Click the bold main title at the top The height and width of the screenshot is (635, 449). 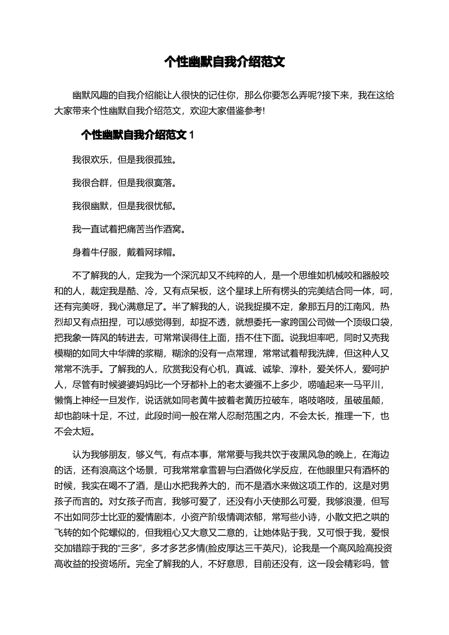click(x=224, y=62)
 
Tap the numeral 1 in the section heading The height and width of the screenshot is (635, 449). click(x=191, y=135)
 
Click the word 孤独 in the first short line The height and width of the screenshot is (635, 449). click(x=162, y=160)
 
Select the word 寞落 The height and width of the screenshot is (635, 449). click(x=162, y=183)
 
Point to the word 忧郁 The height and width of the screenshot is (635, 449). click(x=162, y=206)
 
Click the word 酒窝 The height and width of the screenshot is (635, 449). click(x=171, y=229)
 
